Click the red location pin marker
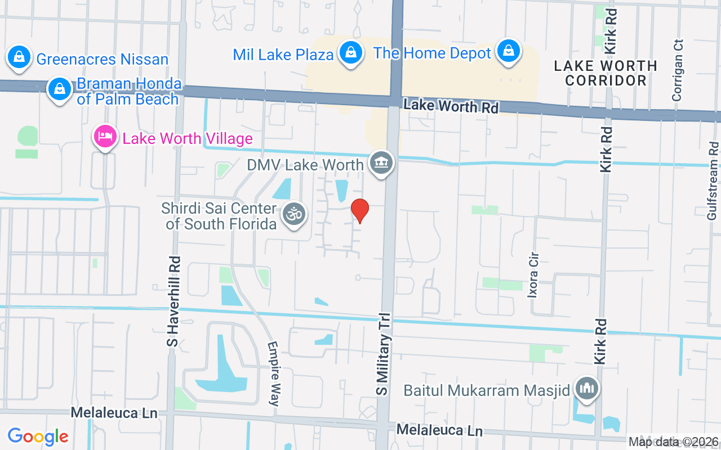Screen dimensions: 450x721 coord(360,210)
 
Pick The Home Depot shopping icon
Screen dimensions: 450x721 coord(509,51)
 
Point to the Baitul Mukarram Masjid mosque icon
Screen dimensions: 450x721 coord(586,389)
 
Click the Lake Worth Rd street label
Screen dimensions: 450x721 coord(451,105)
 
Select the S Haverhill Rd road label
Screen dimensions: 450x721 coord(175,301)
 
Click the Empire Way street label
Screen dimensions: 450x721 coord(274,373)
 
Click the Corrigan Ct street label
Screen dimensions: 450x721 coord(678,70)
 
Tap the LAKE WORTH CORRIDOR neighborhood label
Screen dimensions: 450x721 coord(606,73)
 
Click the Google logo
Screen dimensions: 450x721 coord(38,436)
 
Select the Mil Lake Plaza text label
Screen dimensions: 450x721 coord(283,55)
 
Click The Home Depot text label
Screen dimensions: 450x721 coord(433,53)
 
